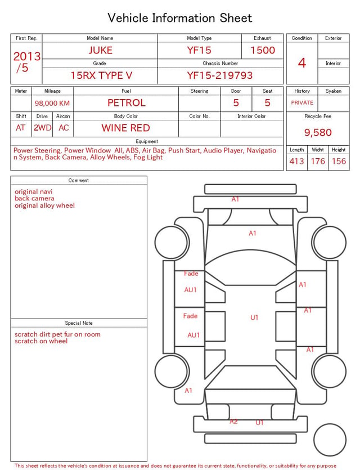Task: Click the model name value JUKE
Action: (100, 50)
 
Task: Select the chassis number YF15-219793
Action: (220, 75)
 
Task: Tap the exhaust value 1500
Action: (263, 50)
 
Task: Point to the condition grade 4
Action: (302, 63)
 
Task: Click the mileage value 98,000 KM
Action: (52, 103)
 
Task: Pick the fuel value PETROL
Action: (127, 103)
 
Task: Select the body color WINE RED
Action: (126, 128)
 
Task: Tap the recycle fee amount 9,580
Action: (318, 132)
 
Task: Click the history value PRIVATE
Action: (302, 102)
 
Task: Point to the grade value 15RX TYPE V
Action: (101, 75)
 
